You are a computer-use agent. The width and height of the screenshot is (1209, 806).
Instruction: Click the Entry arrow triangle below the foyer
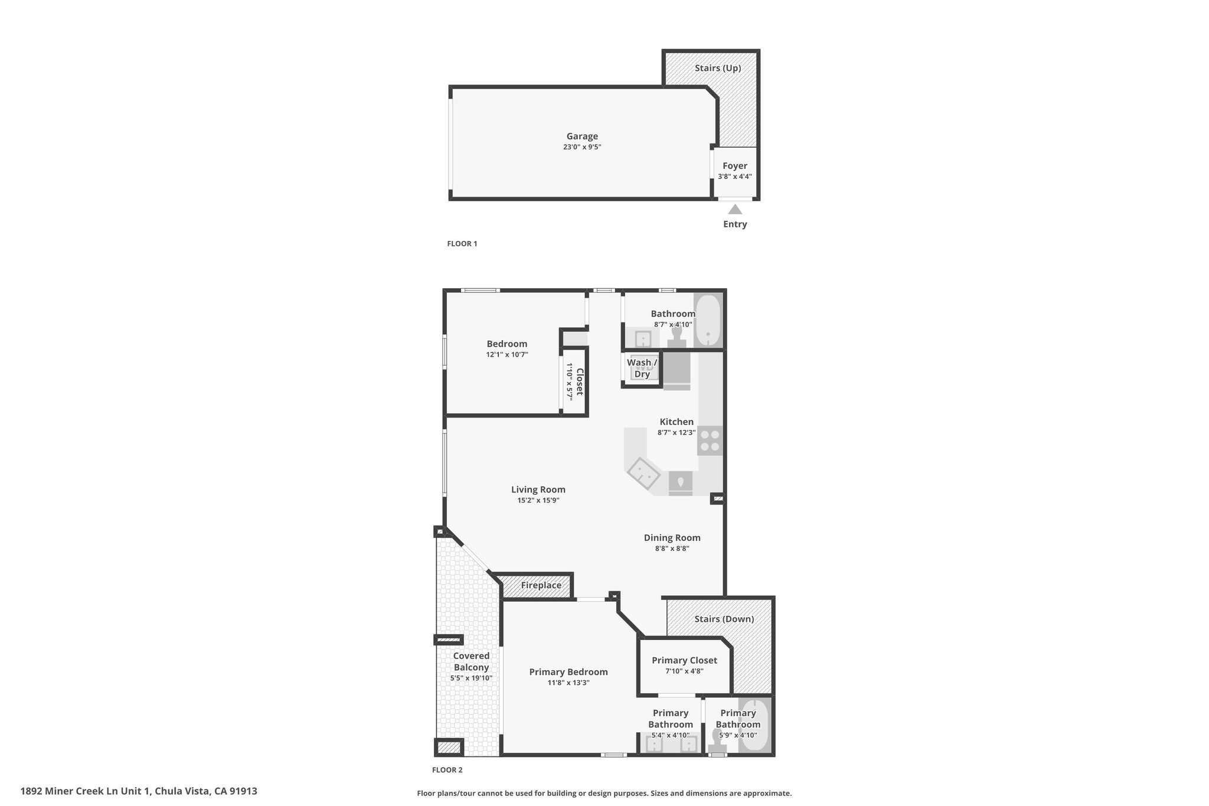(735, 209)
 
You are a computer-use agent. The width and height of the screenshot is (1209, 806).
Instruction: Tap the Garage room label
(582, 136)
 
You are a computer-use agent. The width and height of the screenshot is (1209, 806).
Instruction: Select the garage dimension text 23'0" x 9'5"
(582, 147)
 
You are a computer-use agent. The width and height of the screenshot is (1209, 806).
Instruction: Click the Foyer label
(735, 166)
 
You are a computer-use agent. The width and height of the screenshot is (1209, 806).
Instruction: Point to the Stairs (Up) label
(718, 68)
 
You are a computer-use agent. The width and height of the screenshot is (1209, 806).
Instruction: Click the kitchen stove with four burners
(710, 440)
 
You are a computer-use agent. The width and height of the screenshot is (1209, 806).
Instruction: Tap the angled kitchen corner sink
(643, 474)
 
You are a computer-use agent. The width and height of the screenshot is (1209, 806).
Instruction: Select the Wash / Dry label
(642, 368)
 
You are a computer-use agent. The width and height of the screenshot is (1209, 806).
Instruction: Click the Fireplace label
(541, 585)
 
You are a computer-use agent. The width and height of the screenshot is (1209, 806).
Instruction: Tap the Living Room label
(538, 490)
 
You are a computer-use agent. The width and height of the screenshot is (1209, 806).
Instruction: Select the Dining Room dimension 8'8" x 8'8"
(672, 549)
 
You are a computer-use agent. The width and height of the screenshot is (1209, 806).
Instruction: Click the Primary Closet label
(684, 660)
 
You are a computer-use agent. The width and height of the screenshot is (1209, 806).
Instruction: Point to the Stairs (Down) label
(724, 619)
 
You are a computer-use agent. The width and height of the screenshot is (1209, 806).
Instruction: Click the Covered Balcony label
(471, 661)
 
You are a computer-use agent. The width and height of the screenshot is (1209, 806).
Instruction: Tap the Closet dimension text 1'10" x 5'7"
(570, 382)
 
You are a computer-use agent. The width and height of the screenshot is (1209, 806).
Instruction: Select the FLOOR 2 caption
(447, 770)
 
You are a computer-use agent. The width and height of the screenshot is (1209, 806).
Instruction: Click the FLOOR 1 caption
(462, 243)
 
